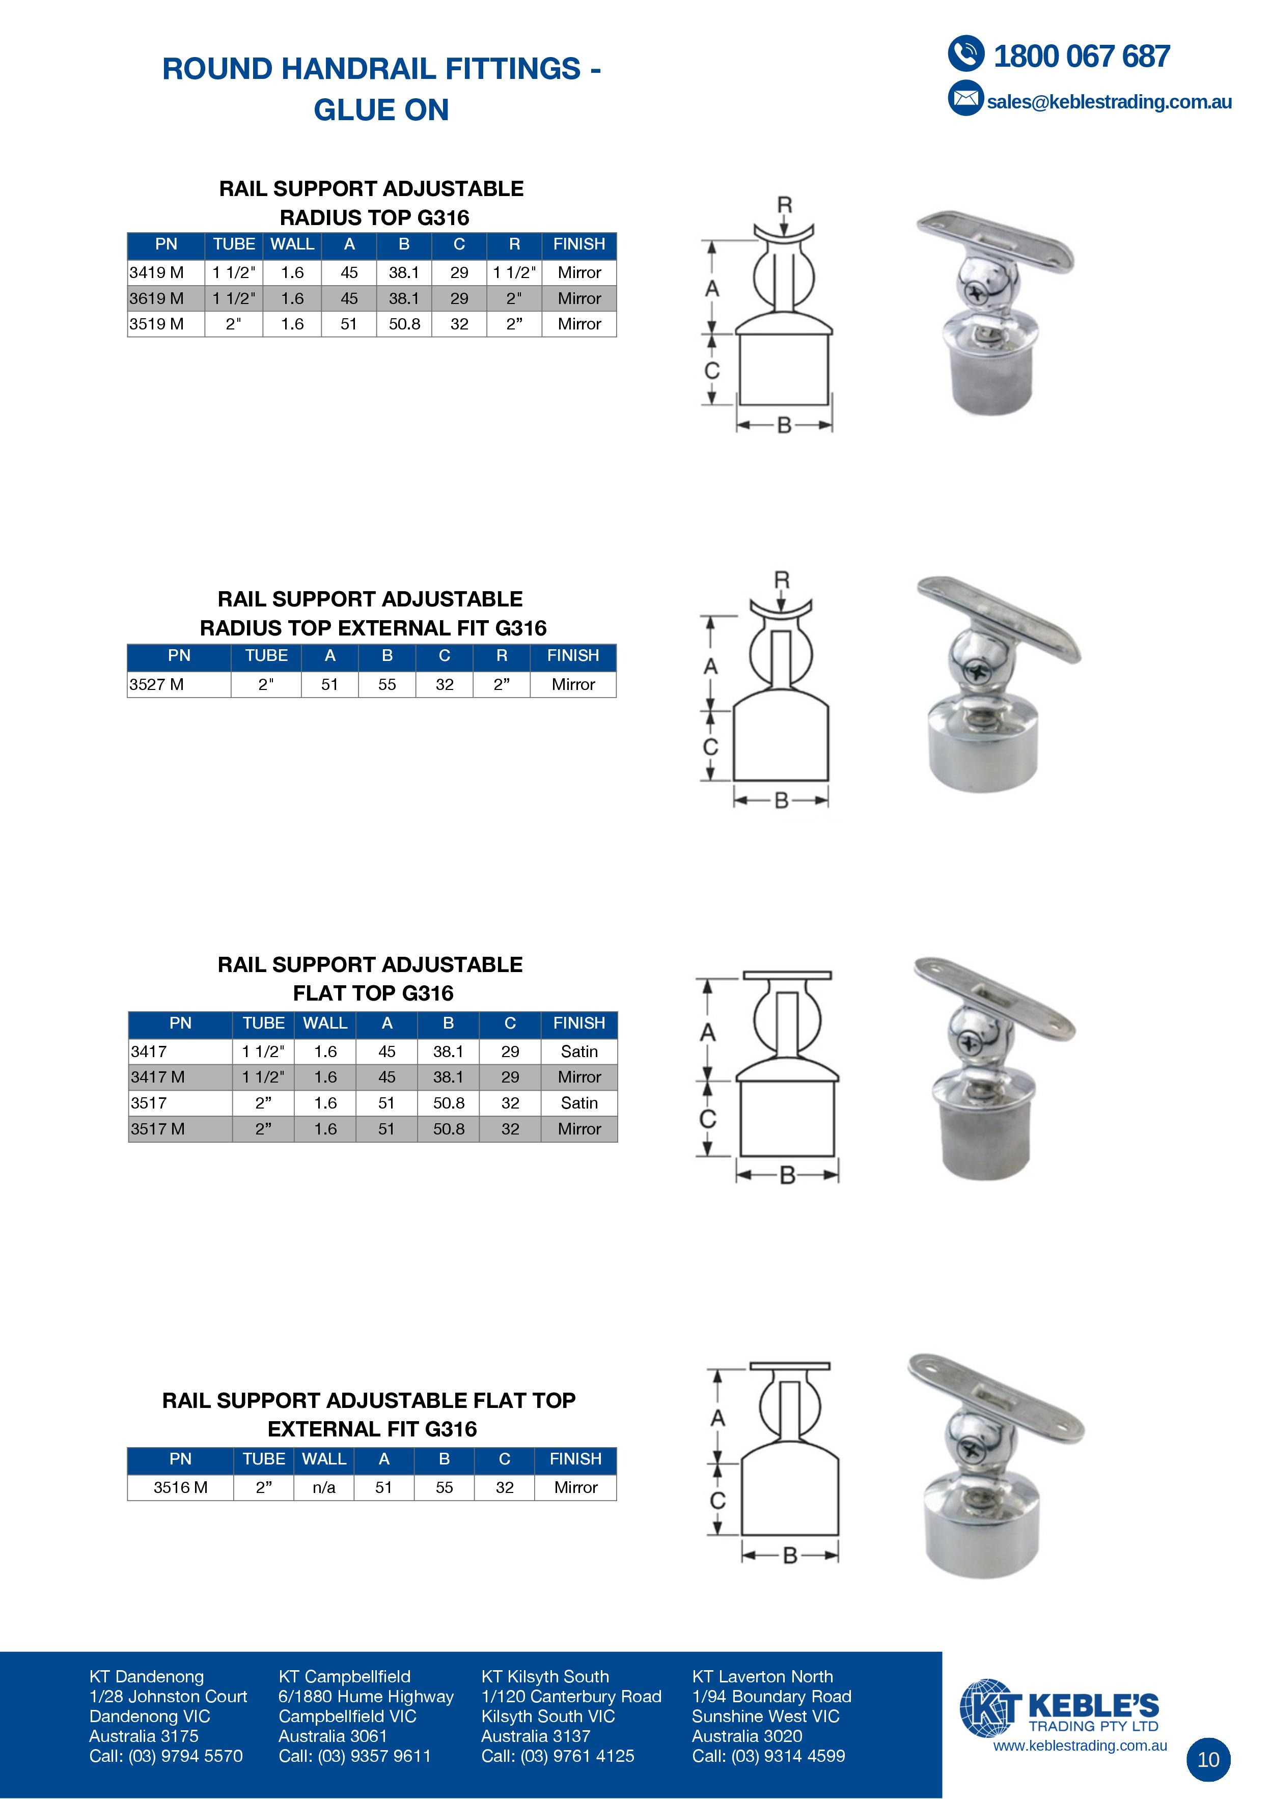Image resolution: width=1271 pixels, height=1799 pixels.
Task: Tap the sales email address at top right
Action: click(x=1109, y=102)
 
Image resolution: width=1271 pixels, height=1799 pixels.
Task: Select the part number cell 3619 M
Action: click(x=157, y=298)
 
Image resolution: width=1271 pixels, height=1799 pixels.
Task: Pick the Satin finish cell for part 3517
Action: click(x=579, y=1103)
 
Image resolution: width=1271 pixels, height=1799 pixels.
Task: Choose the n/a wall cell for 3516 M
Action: click(x=324, y=1487)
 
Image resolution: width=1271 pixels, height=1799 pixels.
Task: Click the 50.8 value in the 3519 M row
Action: click(x=404, y=324)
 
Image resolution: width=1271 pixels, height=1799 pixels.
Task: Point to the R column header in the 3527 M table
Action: click(x=502, y=656)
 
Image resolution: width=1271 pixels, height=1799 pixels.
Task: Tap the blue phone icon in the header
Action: click(x=966, y=54)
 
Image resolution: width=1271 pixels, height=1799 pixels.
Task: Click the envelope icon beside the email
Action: click(x=965, y=99)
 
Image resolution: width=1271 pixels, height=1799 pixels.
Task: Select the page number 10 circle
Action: click(x=1208, y=1759)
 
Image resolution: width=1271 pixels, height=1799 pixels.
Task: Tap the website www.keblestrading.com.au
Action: click(x=1080, y=1745)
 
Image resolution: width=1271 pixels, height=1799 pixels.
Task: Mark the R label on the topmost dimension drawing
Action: click(x=784, y=205)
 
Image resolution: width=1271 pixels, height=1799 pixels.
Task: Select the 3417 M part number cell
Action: click(x=157, y=1077)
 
